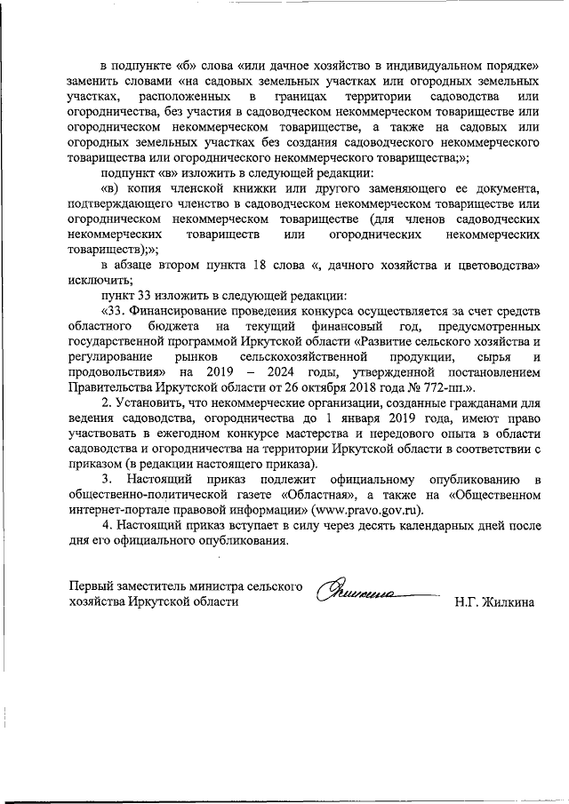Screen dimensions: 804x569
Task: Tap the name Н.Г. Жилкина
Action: click(493, 601)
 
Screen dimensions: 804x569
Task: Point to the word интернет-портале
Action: click(118, 510)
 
